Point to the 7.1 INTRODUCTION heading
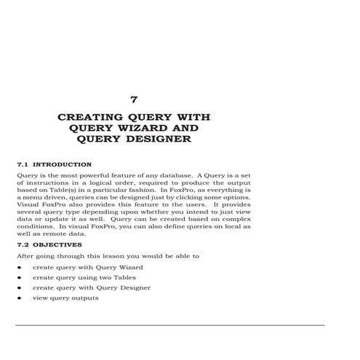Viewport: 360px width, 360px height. tap(54, 164)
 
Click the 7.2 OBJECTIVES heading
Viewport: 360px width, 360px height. tap(51, 245)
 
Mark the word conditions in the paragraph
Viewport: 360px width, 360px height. tap(33, 227)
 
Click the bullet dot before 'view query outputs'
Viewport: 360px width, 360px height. tap(18, 298)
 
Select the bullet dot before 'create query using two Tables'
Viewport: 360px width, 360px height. tap(18, 278)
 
